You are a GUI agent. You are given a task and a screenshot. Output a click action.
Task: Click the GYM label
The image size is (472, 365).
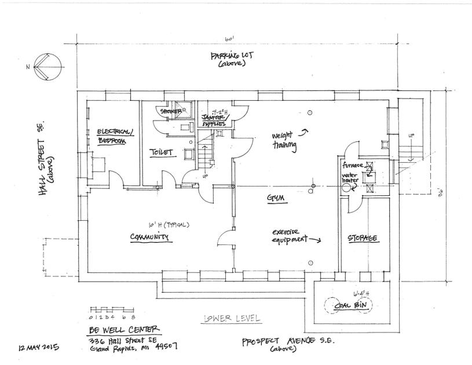pyautogui.click(x=277, y=198)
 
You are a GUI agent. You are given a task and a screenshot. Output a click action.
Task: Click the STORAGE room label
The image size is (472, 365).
pyautogui.click(x=363, y=239)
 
